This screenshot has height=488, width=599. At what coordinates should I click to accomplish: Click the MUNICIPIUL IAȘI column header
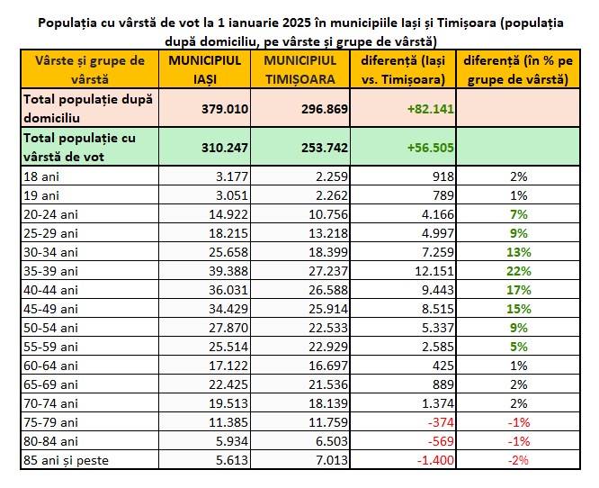pos(205,69)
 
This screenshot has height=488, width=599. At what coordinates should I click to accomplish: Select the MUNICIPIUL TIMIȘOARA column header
pos(300,69)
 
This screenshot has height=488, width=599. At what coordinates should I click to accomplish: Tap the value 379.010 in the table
pos(225,109)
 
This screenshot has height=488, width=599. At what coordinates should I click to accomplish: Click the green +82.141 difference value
pos(431,109)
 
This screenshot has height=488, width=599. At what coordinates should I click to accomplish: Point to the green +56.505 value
pos(431,148)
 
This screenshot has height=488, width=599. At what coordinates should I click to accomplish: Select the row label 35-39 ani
pos(50,271)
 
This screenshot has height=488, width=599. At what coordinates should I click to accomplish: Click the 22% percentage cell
pos(519,271)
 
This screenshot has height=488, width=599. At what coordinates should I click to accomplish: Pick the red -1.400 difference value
pos(435,460)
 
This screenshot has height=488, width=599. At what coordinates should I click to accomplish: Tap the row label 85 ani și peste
pos(66,460)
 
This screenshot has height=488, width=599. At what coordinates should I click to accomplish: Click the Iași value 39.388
pos(228,271)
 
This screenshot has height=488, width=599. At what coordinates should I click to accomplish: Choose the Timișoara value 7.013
pos(332,460)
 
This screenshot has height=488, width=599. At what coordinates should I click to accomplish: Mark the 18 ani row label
pos(41,176)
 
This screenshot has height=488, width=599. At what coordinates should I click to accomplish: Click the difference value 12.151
pos(434,271)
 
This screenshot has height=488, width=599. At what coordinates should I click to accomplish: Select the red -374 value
pos(441,422)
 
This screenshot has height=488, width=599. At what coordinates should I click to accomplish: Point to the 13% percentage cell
pos(519,252)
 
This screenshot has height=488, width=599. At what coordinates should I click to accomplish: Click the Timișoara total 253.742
pos(325,148)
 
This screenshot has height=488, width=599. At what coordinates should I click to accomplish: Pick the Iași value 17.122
pos(228,366)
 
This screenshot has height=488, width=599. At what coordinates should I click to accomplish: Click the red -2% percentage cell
pos(518,460)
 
